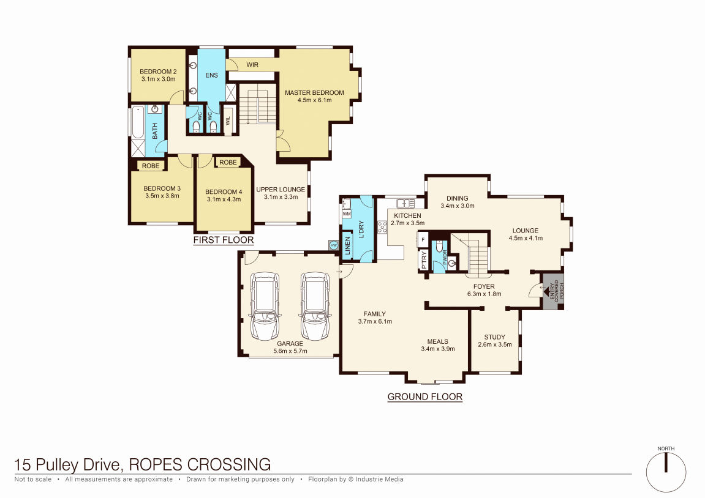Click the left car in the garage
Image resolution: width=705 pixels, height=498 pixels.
point(265,307)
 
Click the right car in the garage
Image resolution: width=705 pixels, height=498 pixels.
point(315,307)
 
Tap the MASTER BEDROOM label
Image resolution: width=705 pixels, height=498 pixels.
point(314,93)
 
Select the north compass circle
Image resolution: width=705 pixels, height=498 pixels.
point(666,472)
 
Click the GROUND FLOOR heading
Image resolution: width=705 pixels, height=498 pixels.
point(424,397)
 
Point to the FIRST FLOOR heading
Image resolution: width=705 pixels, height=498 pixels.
point(223,240)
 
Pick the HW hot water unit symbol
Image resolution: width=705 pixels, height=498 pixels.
point(333,245)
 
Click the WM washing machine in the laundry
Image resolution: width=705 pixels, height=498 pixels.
point(346,214)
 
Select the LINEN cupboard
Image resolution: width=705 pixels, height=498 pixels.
point(347,246)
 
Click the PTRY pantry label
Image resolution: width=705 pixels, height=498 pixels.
point(424,260)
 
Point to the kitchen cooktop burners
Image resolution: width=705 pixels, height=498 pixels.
point(383,227)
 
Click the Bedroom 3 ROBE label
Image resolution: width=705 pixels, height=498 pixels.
point(151,166)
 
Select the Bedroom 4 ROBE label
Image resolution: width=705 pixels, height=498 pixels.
point(228,163)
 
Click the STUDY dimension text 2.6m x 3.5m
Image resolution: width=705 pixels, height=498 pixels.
point(494,344)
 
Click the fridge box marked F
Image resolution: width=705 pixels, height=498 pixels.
point(423,239)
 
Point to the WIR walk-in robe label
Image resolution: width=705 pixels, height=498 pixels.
point(252,64)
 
